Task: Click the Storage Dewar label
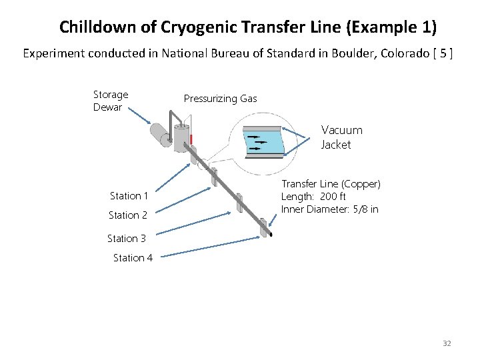pyautogui.click(x=111, y=101)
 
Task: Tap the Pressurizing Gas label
pyautogui.click(x=220, y=99)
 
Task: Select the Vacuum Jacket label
pyautogui.click(x=341, y=137)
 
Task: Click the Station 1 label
pyautogui.click(x=129, y=195)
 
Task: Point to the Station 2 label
pyautogui.click(x=127, y=215)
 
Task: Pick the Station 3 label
pyautogui.click(x=126, y=238)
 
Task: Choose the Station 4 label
pyautogui.click(x=132, y=257)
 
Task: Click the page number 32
pyautogui.click(x=447, y=343)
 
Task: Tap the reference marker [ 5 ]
pyautogui.click(x=443, y=53)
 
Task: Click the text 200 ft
pyautogui.click(x=333, y=196)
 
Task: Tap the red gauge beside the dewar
pyautogui.click(x=191, y=139)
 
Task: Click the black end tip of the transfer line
pyautogui.click(x=270, y=234)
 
